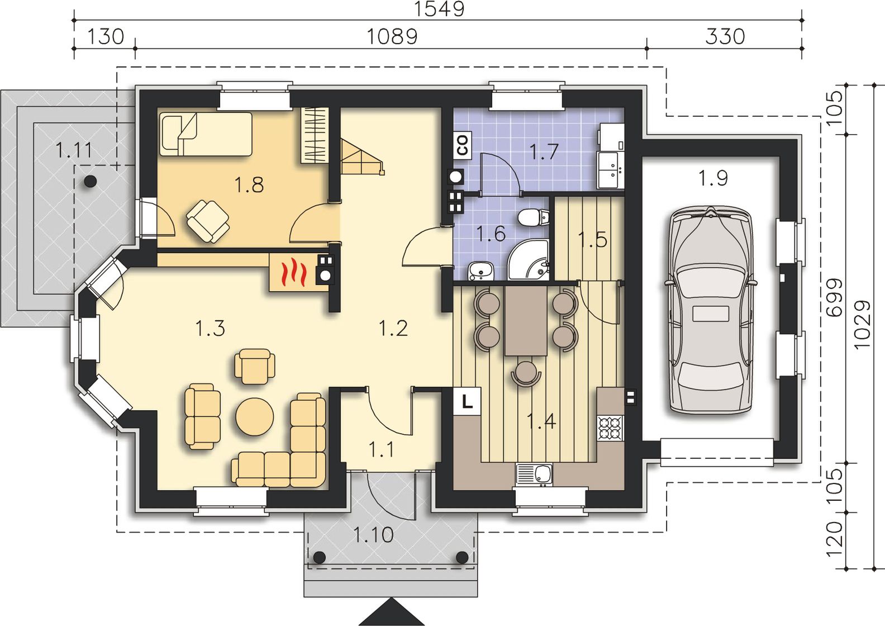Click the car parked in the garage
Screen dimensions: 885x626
tap(711, 312)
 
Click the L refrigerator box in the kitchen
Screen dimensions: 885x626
tap(467, 401)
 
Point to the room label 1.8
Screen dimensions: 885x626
tap(249, 185)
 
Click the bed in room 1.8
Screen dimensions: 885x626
tap(206, 134)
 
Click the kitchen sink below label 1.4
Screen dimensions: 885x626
tap(535, 475)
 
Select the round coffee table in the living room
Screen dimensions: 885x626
tap(254, 416)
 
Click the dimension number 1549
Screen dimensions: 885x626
tap(439, 9)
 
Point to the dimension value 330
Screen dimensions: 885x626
tap(725, 37)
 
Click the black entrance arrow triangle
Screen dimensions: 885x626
tap(392, 612)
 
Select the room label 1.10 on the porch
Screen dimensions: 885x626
tap(373, 535)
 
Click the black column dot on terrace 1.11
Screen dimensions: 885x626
tap(91, 181)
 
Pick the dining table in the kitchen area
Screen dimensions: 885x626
tap(525, 320)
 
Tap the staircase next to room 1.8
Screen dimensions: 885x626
tap(361, 156)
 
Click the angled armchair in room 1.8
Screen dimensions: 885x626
tap(208, 221)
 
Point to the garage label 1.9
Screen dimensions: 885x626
tap(713, 178)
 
